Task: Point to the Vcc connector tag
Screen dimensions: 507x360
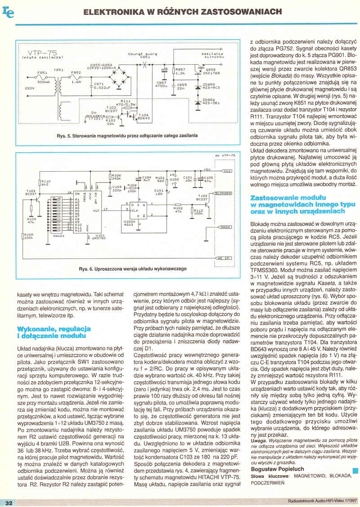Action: click(x=227, y=171)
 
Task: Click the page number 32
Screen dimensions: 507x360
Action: click(x=9, y=502)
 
